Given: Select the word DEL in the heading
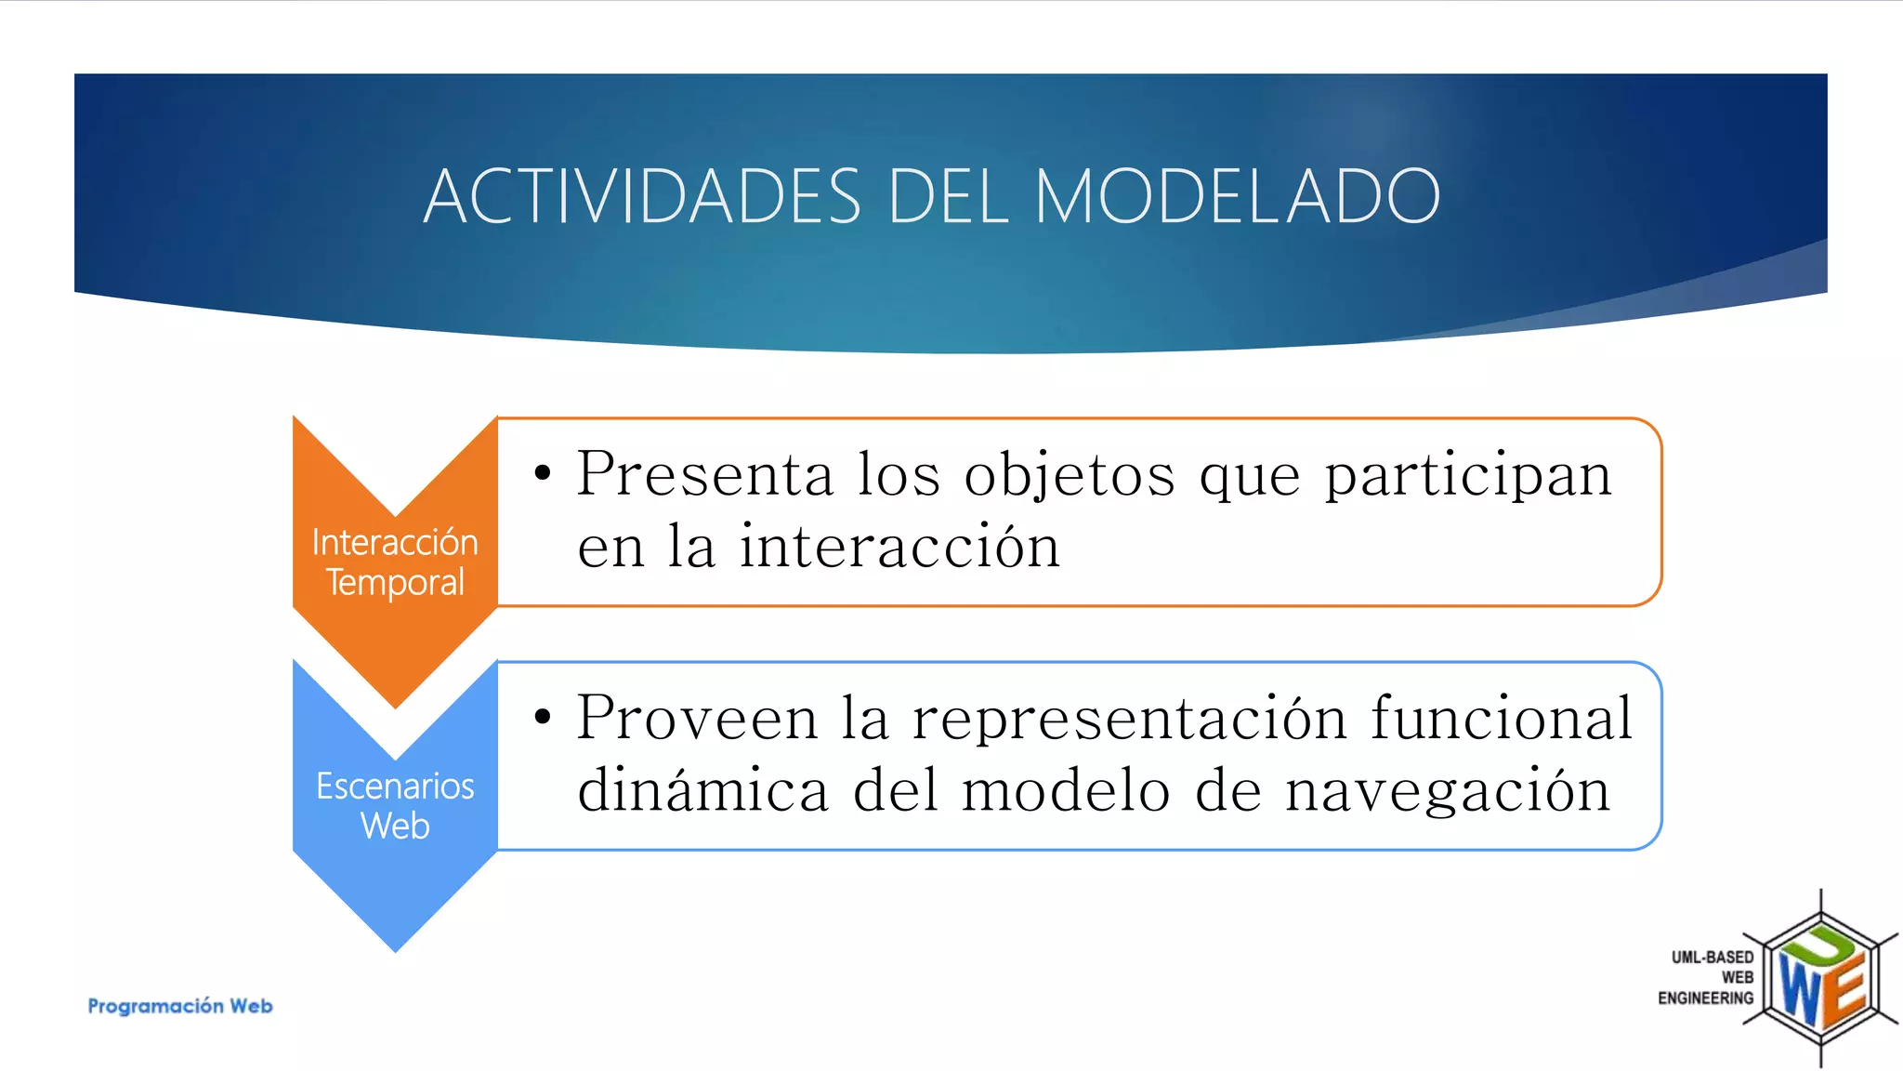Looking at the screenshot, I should click(x=948, y=196).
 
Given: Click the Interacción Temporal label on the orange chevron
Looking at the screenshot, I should click(x=395, y=562).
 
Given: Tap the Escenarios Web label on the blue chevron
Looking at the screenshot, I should click(x=395, y=805).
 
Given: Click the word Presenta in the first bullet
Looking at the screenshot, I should click(x=705, y=474).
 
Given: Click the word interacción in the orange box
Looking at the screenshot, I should click(x=899, y=547).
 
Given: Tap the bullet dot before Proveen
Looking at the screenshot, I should click(x=543, y=717).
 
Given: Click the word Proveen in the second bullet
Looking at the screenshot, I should click(x=697, y=718).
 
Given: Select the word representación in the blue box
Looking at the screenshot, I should click(x=1129, y=720).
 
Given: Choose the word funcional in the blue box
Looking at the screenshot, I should click(x=1501, y=718).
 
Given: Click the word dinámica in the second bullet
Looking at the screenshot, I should click(x=702, y=790).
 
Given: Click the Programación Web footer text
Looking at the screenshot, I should click(x=180, y=1006).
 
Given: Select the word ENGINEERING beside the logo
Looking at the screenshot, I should click(x=1705, y=998).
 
